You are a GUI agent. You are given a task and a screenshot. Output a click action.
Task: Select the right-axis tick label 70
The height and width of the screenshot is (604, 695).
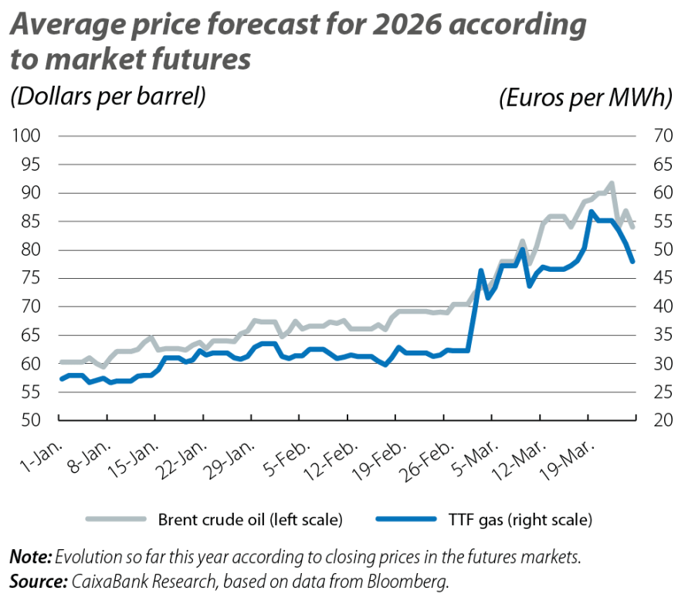pyautogui.click(x=663, y=137)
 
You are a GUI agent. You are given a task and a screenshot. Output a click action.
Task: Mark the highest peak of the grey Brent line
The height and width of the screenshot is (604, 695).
pyautogui.click(x=612, y=183)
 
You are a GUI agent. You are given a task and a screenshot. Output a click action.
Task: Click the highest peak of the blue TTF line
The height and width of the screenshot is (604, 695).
pyautogui.click(x=591, y=210)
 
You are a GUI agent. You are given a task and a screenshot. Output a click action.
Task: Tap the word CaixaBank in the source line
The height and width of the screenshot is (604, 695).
pyautogui.click(x=103, y=579)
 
